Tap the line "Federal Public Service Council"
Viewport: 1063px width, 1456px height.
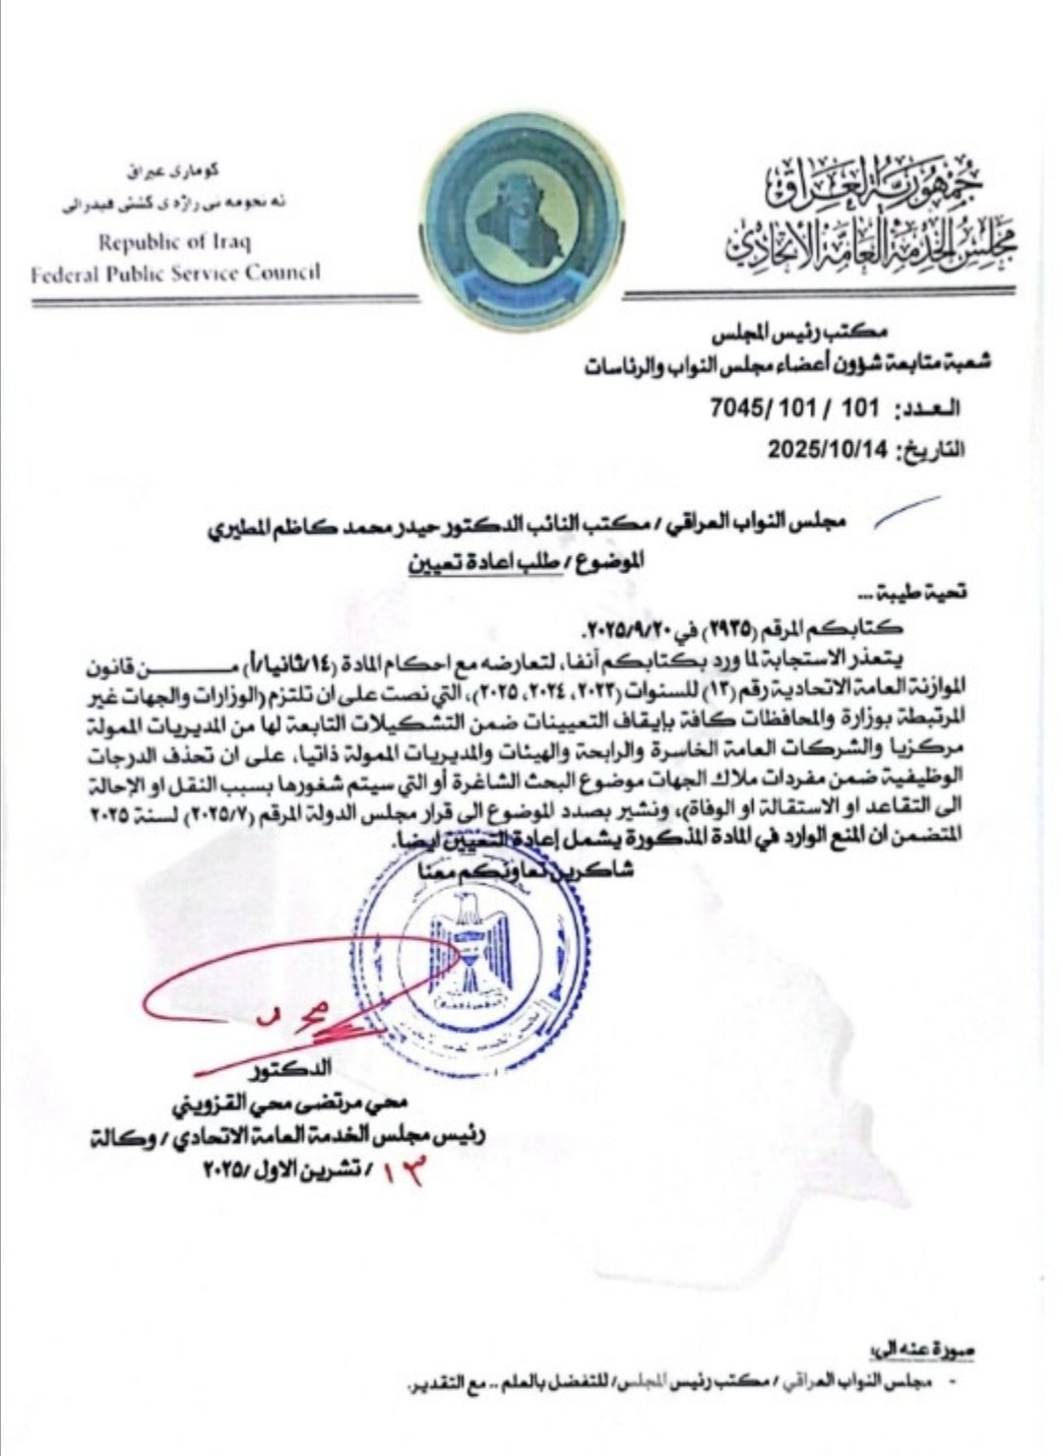175,272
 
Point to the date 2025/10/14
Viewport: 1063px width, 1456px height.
827,449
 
